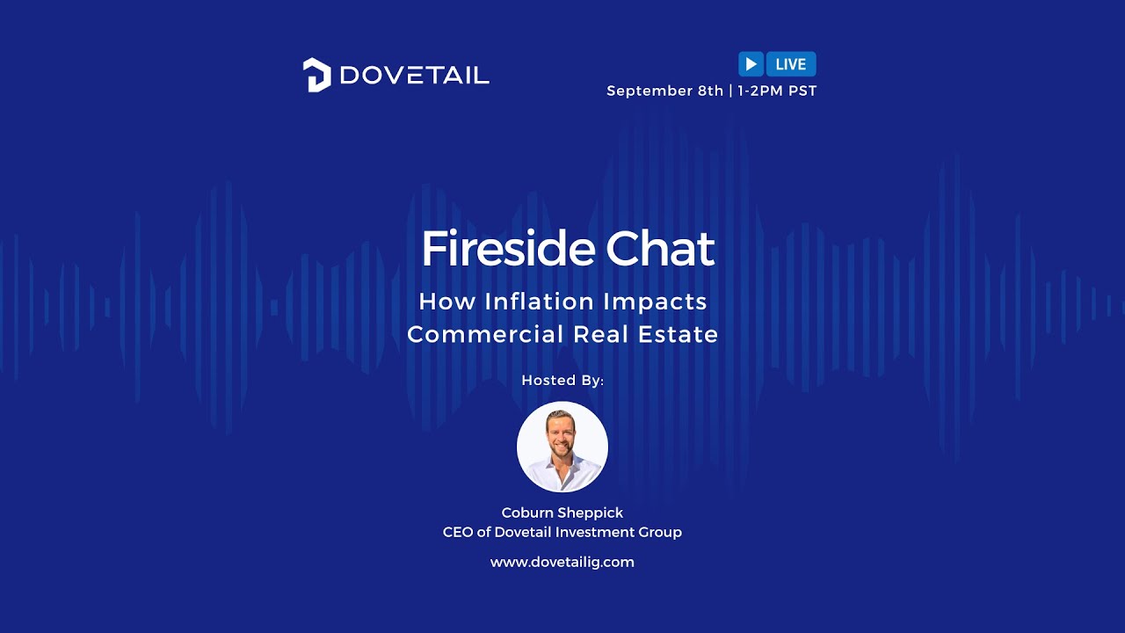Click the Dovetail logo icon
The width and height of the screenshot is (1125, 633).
point(316,75)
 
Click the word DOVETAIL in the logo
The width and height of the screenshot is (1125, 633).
point(414,76)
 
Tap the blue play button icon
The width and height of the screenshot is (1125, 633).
point(751,64)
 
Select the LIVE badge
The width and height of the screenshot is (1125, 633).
point(791,64)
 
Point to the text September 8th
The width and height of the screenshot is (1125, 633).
point(664,91)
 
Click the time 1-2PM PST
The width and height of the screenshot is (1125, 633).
point(777,91)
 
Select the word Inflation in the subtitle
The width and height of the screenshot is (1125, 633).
point(539,302)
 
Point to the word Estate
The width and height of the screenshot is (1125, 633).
point(678,335)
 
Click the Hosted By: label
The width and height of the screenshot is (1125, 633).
point(562,381)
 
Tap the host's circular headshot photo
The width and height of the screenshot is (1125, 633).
point(562,447)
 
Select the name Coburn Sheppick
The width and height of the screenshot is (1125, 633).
point(562,513)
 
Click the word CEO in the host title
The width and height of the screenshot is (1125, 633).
point(457,532)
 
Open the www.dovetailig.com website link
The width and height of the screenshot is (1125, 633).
point(562,562)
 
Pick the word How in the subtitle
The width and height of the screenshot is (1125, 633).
point(446,302)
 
